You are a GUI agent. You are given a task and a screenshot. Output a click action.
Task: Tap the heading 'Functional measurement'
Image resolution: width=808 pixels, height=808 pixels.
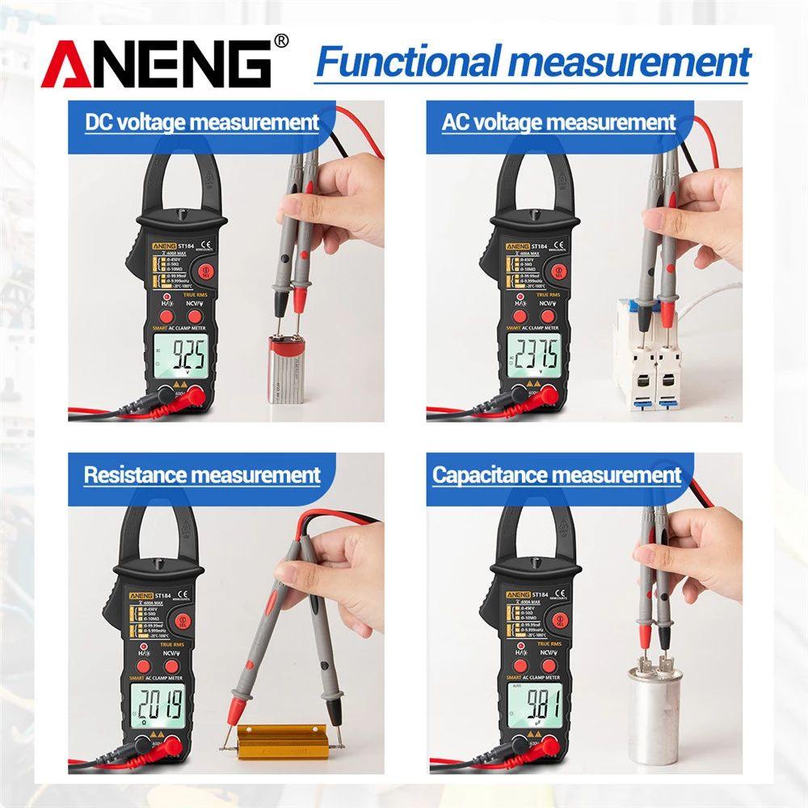point(533,62)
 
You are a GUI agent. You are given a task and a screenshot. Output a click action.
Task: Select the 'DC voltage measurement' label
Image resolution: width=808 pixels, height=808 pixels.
point(202,123)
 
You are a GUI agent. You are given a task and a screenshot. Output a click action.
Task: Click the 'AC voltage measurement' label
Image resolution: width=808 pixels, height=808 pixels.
point(558,123)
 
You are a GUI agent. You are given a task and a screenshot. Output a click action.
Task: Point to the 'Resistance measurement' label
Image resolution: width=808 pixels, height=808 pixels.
point(202,474)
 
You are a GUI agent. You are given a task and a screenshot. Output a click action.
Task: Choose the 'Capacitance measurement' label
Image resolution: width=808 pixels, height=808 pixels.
point(557,474)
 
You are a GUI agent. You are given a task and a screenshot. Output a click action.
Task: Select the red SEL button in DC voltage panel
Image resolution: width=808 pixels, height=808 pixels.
point(205,273)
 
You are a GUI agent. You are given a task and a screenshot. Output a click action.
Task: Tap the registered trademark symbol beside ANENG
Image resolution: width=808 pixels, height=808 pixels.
point(281,40)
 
